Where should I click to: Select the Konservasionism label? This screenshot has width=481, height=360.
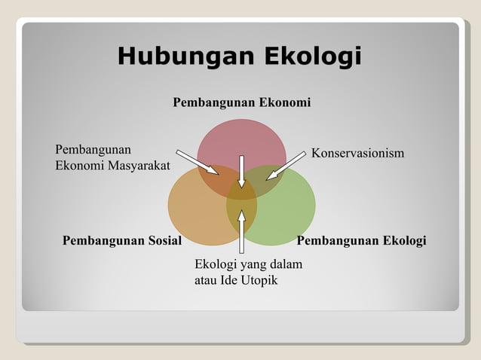pos(358,154)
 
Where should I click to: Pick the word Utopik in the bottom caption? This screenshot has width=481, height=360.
pos(259,281)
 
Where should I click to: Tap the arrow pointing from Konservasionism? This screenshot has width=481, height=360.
pos(286,166)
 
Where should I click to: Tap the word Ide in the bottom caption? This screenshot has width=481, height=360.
pos(229,281)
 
